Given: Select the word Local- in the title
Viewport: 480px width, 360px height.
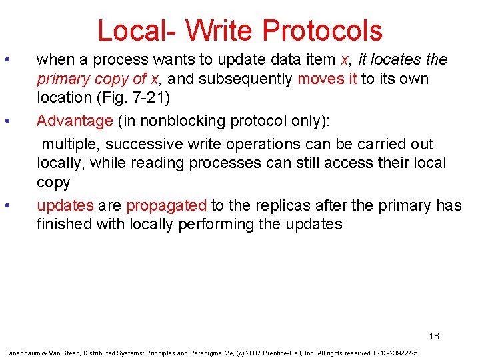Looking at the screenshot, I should click(137, 31).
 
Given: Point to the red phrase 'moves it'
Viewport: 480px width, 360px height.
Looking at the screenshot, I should click(327, 79).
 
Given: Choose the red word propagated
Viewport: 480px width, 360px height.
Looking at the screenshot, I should click(166, 205).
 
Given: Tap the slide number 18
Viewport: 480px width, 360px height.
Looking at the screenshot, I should click(434, 335).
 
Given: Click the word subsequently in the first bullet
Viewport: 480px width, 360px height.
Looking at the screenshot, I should click(246, 79).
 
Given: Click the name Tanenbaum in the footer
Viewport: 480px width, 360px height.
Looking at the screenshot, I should click(23, 353).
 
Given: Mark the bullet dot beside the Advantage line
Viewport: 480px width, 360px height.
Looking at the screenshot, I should click(6, 121).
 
